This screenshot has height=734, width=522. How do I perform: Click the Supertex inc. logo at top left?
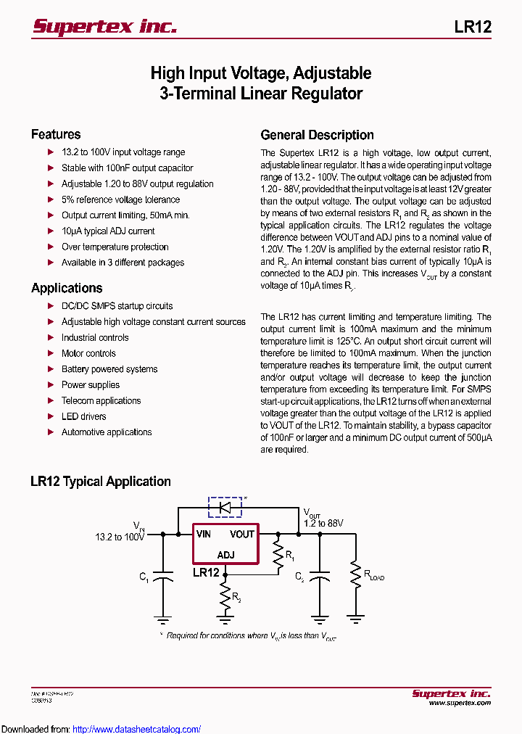point(105,27)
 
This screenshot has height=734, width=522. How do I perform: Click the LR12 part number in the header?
point(473,27)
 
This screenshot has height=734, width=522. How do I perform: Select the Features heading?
point(56,134)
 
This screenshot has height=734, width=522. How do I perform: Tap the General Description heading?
point(317,135)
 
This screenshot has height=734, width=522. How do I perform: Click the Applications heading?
point(67,288)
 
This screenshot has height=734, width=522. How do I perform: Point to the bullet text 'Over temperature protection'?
point(115,247)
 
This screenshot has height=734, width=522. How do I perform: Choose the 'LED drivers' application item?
point(83,416)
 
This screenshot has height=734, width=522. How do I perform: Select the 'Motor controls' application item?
point(88,353)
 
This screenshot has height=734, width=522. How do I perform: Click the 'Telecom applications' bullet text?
point(101,400)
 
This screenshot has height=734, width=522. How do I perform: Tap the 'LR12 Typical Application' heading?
point(101,482)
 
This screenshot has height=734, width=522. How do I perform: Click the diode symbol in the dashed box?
point(225,507)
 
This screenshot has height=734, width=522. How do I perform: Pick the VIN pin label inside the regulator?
point(204,535)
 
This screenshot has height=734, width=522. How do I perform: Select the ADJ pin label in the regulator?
point(225,555)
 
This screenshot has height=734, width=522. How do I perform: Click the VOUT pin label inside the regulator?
point(242,535)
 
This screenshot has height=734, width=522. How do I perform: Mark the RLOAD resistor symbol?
point(355,574)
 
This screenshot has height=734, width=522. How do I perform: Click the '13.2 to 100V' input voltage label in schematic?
point(120,537)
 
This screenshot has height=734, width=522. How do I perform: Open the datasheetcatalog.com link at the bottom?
point(136,730)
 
